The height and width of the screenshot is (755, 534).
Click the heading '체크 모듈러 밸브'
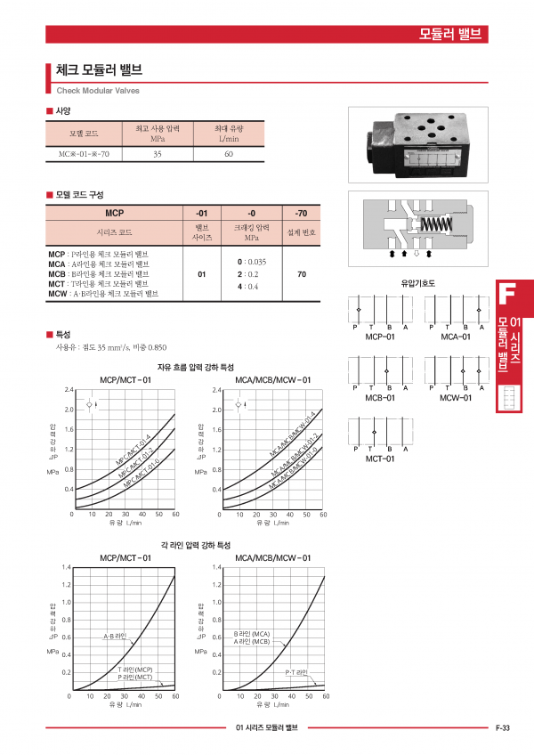coord(99,70)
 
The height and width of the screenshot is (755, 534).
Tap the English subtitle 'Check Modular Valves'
coord(98,91)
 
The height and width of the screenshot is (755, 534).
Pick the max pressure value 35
coord(158,154)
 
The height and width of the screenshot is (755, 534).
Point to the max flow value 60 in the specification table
coord(229,154)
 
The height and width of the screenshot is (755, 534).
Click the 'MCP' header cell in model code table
coord(114,214)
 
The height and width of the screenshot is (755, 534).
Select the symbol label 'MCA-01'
coord(456,337)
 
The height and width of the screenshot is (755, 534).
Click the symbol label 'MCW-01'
coord(456,398)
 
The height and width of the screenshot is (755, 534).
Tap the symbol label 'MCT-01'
coord(380,459)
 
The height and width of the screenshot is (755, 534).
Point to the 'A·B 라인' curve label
coord(116,637)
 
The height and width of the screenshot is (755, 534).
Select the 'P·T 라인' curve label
coord(295,672)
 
